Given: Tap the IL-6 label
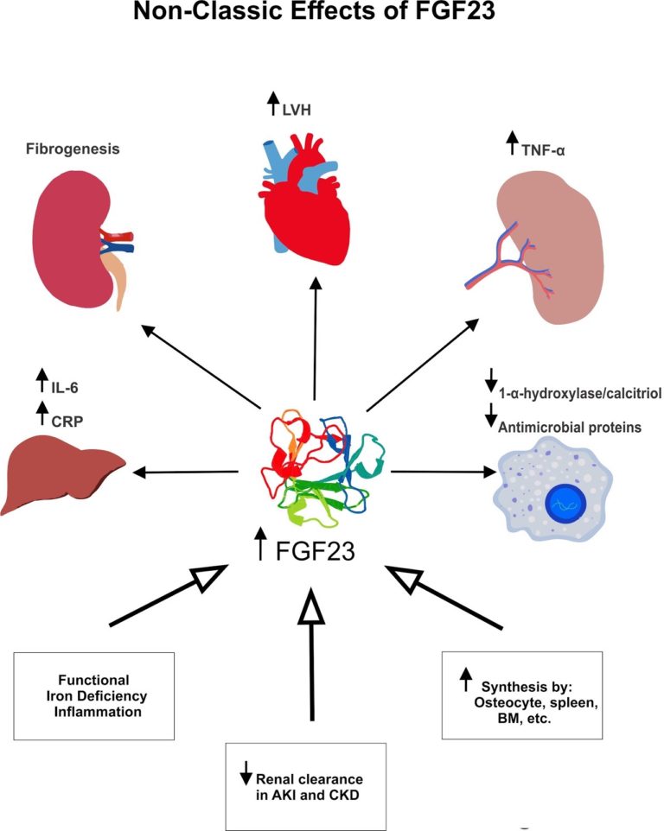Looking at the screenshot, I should point(73,377).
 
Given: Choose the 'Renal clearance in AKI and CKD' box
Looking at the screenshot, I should point(312,783).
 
